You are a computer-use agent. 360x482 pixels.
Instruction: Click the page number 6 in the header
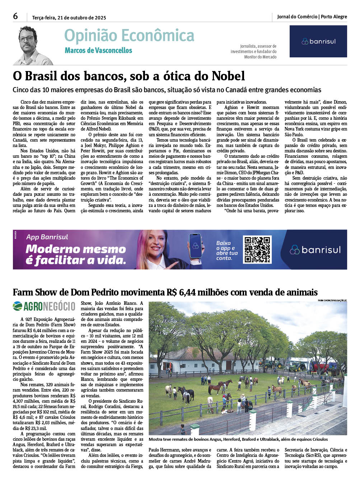coord(15,16)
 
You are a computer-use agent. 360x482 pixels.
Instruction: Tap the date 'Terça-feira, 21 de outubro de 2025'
coord(69,18)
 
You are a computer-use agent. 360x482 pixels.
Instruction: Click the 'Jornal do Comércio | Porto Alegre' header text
coord(312,17)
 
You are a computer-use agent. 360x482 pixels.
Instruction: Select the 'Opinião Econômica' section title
coord(129,36)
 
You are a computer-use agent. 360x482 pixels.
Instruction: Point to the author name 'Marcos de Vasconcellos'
coord(98,51)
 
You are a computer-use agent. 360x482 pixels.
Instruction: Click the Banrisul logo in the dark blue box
coord(318,41)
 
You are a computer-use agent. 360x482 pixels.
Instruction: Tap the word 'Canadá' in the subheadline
coord(229,90)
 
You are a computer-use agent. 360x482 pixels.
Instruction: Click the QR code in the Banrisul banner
coord(257,250)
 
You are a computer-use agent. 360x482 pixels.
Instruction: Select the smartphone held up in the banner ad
coord(196,246)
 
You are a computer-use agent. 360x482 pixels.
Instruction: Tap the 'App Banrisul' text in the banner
coord(47,237)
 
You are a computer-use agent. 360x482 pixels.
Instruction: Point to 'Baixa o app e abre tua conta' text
coord(226,250)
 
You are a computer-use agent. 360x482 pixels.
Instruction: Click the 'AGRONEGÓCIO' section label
coord(44,306)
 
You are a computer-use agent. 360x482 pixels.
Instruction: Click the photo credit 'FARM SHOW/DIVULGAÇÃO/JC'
coord(332,300)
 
